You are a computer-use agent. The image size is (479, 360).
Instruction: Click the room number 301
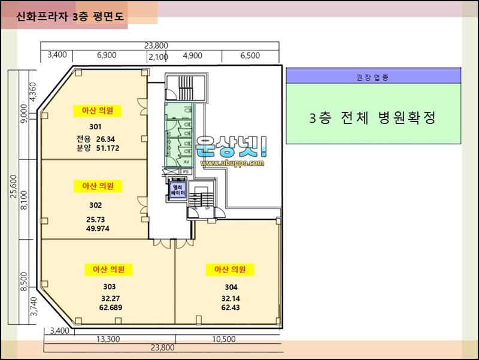95,126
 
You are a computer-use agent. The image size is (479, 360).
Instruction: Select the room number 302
96,205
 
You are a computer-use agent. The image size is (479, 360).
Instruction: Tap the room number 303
110,287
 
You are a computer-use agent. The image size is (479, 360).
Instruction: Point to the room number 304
231,288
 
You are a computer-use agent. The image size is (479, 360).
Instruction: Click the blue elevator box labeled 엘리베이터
178,190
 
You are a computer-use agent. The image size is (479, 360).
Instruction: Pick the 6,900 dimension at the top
107,55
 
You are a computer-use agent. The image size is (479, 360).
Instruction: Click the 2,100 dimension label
158,57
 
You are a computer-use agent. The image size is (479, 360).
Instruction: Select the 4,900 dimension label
192,56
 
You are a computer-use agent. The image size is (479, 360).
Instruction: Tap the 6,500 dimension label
250,56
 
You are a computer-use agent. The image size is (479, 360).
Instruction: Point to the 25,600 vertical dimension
13,186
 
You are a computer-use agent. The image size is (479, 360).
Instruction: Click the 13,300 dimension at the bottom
108,339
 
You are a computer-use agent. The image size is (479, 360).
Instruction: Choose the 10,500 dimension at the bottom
224,339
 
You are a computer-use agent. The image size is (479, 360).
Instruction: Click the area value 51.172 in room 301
108,148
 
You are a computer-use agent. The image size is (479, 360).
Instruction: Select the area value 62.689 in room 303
111,307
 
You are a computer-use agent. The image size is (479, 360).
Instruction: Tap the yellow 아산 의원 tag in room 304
230,270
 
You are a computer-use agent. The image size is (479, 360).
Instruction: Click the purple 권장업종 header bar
373,76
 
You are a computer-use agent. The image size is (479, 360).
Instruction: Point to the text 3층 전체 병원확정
372,117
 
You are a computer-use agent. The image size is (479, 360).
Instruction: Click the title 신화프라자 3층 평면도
70,16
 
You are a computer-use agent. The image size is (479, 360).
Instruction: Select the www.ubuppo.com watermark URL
232,163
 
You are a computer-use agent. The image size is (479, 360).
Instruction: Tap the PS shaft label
186,172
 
